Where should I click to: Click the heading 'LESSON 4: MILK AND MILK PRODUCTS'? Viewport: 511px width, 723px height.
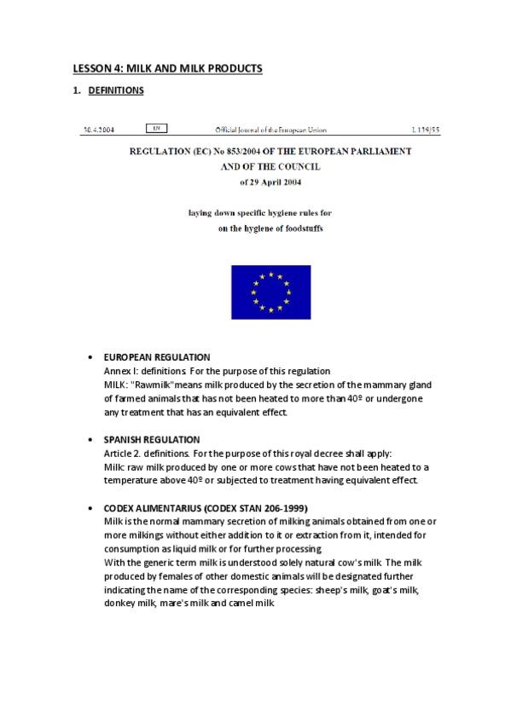(x=166, y=68)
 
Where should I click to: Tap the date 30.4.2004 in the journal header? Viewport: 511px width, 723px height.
(x=99, y=130)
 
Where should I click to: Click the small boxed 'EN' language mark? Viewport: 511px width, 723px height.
(x=156, y=129)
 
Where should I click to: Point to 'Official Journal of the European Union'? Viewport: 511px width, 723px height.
(x=270, y=130)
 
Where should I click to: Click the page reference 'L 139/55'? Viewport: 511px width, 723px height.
(x=424, y=130)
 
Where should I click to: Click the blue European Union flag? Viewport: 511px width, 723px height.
(x=270, y=292)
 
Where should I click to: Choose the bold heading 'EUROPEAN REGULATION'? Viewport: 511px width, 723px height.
(x=157, y=357)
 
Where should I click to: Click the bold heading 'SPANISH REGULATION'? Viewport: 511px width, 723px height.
(x=152, y=439)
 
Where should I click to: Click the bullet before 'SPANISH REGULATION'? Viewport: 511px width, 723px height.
(x=91, y=439)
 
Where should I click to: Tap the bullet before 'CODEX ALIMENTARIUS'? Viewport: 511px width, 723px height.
(x=91, y=507)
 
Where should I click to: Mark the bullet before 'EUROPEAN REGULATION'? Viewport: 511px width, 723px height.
(x=91, y=357)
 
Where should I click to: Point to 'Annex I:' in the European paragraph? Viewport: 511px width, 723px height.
(x=120, y=371)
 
